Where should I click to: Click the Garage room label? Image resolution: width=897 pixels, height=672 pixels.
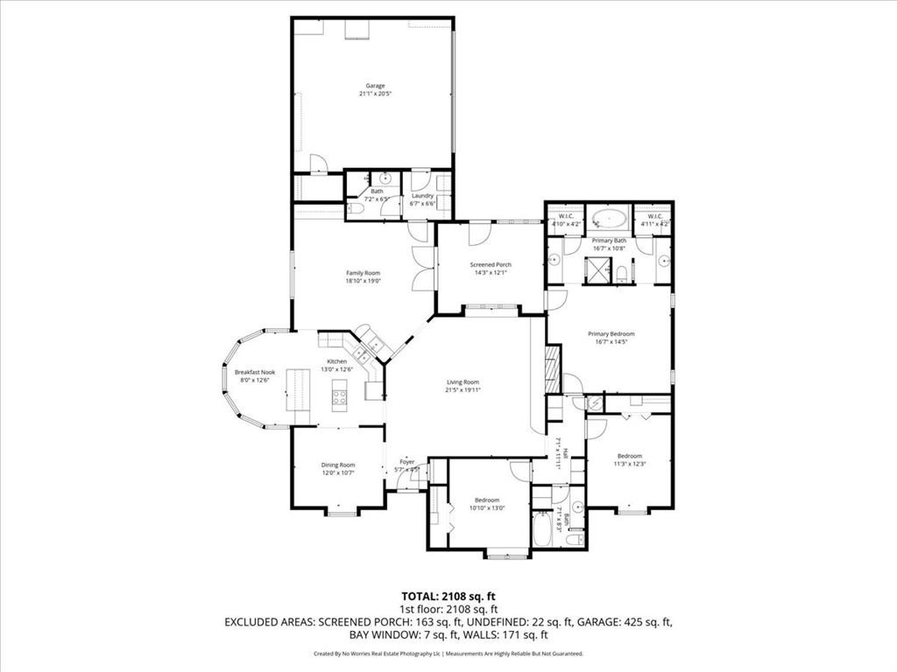pyautogui.click(x=375, y=86)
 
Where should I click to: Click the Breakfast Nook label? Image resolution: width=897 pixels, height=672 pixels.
pyautogui.click(x=255, y=372)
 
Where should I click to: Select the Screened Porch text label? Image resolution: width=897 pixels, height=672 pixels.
pyautogui.click(x=491, y=265)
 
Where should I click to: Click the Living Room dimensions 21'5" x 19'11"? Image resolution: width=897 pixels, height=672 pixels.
pyautogui.click(x=463, y=390)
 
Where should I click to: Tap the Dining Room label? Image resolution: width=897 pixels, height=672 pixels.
pyautogui.click(x=337, y=465)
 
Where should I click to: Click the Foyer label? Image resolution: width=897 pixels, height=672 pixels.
pyautogui.click(x=407, y=461)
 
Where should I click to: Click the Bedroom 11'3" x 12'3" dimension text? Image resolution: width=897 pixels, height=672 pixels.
pyautogui.click(x=629, y=464)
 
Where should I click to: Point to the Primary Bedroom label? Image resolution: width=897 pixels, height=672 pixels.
pyautogui.click(x=611, y=333)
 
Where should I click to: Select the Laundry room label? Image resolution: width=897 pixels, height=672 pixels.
pyautogui.click(x=422, y=196)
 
